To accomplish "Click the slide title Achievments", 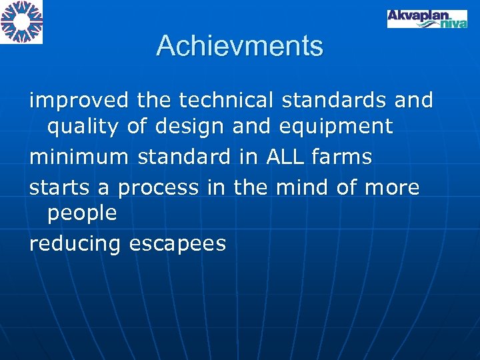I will [x=239, y=46].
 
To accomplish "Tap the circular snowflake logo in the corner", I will [x=21, y=21].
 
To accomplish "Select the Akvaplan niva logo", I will [x=427, y=18].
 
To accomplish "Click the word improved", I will [x=79, y=101].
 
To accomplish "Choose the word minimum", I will [x=79, y=157].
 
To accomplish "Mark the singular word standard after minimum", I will [x=183, y=157].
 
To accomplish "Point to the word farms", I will [x=340, y=157].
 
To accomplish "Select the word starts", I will [x=60, y=188].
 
